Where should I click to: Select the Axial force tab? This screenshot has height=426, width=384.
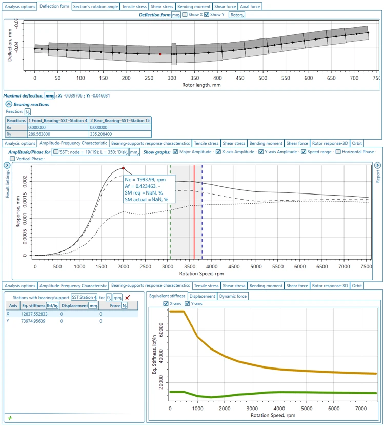tap(250, 7)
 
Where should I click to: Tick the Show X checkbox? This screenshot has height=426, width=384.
tap(185, 15)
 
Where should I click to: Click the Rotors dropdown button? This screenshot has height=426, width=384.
tap(236, 15)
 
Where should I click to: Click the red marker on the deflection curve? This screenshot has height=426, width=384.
tap(160, 54)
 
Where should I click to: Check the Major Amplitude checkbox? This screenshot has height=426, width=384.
tap(176, 152)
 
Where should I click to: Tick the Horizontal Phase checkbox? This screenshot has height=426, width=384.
tap(338, 152)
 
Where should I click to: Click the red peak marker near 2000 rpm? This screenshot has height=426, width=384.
tap(123, 168)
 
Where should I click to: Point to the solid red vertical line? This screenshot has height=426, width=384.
tap(194, 216)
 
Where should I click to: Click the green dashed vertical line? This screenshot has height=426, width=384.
tap(170, 216)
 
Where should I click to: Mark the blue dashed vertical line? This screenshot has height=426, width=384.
tap(202, 216)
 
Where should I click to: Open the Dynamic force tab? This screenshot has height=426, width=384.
tap(233, 296)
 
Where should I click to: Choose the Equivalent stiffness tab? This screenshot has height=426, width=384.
tap(167, 296)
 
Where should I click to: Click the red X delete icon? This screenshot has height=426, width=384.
tap(128, 297)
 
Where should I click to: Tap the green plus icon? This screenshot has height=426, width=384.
tap(10, 418)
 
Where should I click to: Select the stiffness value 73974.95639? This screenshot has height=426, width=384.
tap(33, 321)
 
